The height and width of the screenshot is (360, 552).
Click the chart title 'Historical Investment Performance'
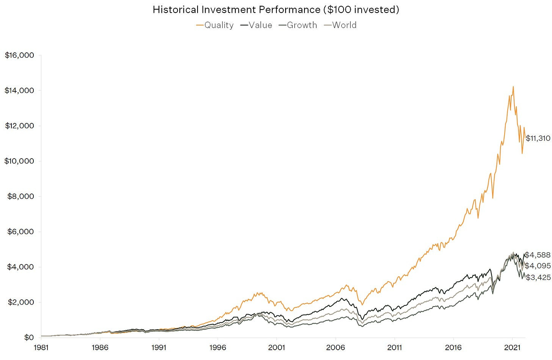(276, 9)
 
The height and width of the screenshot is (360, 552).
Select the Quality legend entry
(215, 25)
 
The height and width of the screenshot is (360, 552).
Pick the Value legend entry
(256, 25)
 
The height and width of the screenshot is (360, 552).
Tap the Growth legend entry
(298, 25)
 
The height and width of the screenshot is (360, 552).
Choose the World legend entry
(340, 25)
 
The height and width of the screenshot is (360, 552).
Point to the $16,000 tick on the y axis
(19, 55)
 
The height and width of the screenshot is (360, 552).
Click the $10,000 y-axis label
(19, 161)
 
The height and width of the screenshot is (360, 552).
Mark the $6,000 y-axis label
(20, 232)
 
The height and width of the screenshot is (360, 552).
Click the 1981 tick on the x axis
(41, 347)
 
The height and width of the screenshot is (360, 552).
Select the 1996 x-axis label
(218, 347)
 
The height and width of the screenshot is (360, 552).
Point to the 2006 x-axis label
(336, 347)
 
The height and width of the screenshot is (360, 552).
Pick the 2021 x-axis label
(512, 347)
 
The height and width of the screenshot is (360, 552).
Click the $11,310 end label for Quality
(538, 138)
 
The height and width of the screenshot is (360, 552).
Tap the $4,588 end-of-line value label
(538, 255)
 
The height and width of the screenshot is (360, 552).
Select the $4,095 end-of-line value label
(538, 266)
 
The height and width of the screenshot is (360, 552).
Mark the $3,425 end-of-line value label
(538, 278)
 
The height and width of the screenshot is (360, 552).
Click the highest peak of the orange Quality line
(513, 86)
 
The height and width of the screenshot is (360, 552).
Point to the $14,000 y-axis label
(19, 91)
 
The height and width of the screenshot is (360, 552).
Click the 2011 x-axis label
(394, 347)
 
